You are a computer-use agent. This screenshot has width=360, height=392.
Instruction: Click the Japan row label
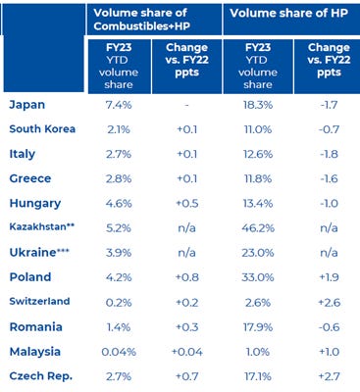click(x=27, y=105)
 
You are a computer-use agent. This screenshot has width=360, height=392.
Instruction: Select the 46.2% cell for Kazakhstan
click(x=258, y=227)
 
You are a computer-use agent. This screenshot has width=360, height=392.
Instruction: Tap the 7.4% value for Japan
click(x=119, y=105)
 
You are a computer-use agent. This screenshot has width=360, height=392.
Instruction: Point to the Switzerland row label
click(x=39, y=301)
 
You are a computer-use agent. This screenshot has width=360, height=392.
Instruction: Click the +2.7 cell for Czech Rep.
click(x=329, y=376)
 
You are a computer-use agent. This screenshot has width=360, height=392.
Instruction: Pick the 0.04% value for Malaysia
click(x=119, y=352)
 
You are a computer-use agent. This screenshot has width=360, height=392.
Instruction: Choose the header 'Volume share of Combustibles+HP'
click(x=142, y=20)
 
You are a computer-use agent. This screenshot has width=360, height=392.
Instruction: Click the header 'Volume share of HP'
click(x=288, y=13)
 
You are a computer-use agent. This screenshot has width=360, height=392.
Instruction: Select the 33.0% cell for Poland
click(x=258, y=277)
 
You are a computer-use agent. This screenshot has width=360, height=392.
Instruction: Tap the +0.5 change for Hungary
click(x=187, y=203)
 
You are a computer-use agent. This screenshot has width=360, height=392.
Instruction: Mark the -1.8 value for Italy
click(x=329, y=154)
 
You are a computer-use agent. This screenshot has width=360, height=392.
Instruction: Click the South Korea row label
click(x=42, y=129)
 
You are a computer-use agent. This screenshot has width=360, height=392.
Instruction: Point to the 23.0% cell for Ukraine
click(x=258, y=253)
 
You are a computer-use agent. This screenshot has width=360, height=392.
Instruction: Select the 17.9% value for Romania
click(x=258, y=327)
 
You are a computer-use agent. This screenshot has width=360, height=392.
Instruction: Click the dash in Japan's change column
click(x=186, y=106)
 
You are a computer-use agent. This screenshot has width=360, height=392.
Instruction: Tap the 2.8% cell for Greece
click(x=119, y=178)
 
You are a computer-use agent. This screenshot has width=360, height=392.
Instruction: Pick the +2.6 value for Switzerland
click(x=329, y=302)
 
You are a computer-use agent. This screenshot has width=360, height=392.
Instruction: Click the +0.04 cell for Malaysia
click(x=187, y=352)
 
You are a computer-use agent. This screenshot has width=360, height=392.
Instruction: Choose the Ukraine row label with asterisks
click(x=39, y=253)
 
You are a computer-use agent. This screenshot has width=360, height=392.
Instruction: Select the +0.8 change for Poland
click(x=187, y=277)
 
